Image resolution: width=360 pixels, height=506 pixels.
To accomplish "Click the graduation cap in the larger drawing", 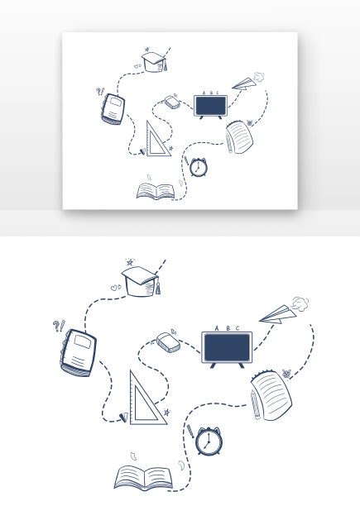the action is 141,281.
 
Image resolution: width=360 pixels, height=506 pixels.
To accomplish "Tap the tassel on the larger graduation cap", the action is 158,288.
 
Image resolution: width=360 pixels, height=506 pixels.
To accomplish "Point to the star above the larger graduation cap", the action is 130,262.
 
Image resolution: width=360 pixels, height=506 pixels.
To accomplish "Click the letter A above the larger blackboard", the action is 217,328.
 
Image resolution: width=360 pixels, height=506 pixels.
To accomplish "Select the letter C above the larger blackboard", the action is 238,328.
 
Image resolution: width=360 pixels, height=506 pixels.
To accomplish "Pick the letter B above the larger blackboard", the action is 228,328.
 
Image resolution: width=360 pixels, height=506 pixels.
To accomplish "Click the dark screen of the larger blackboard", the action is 227,347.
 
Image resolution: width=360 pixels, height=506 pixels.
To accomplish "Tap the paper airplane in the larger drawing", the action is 278,314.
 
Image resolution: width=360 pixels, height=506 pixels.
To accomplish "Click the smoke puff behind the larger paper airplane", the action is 300,304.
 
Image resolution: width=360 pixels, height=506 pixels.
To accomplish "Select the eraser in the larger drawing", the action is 168,343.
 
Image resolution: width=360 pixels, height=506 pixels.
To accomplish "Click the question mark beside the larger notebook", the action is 55,326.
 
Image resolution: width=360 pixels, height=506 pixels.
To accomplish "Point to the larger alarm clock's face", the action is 208,441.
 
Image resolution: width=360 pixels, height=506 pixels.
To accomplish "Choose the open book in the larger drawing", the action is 143,478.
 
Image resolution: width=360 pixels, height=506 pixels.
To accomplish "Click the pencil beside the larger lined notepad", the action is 255,404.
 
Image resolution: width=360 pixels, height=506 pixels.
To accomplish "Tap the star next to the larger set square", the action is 166,412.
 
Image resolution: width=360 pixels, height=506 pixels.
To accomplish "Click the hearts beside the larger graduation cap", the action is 116,287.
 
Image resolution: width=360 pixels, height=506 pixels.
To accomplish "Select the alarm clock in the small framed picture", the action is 198,167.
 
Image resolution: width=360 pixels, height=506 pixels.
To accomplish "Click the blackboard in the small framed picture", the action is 211,106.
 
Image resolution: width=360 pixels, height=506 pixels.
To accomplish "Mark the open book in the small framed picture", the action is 156,191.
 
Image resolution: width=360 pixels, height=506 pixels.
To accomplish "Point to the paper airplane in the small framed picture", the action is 244,84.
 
